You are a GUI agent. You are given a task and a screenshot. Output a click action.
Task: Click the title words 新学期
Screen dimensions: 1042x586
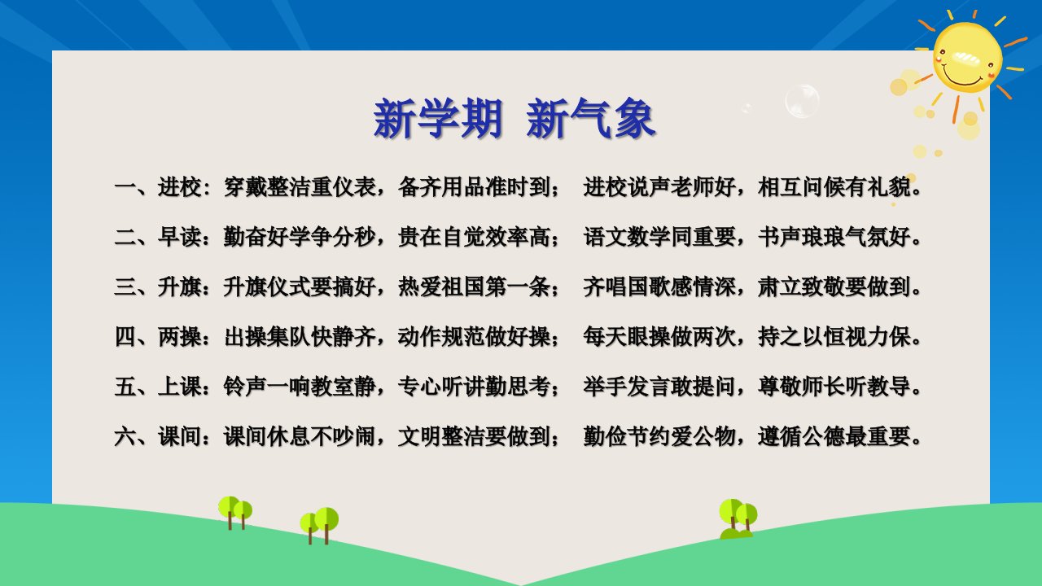click(438, 118)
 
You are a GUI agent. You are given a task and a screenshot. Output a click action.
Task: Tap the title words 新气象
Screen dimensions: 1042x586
click(591, 118)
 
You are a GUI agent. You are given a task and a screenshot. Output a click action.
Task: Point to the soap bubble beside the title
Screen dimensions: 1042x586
click(802, 101)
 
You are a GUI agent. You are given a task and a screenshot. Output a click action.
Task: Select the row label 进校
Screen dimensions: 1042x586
click(180, 187)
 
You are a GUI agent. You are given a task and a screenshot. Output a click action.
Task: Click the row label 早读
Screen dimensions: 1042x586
click(180, 237)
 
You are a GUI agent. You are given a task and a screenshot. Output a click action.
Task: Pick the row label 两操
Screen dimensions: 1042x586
click(180, 337)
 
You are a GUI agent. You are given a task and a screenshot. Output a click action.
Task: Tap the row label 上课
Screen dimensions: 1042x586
click(180, 387)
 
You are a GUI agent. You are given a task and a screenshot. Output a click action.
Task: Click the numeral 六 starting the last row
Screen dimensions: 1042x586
click(125, 437)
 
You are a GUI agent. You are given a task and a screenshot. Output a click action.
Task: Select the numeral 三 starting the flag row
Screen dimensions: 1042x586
click(125, 287)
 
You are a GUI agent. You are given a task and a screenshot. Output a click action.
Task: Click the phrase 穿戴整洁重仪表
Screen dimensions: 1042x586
click(300, 187)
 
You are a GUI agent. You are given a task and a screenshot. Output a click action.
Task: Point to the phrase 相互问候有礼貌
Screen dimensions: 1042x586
click(834, 187)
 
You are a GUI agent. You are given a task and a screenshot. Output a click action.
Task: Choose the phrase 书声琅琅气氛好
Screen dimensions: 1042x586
click(834, 237)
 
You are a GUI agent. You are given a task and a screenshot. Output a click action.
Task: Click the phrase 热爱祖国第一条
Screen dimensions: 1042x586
click(474, 287)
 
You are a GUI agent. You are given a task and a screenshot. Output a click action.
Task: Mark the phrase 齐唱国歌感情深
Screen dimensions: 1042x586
click(659, 287)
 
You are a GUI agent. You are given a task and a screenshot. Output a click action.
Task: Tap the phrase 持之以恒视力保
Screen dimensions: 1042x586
click(834, 337)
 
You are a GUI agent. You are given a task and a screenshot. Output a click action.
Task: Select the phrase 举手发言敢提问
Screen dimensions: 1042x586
click(659, 387)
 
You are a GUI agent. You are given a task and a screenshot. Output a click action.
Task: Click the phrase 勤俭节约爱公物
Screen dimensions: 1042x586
click(659, 437)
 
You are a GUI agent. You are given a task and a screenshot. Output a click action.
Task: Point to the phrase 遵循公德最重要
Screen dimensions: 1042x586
click(834, 437)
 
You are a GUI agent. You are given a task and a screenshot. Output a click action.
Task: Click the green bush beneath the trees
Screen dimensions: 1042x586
click(736, 534)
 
